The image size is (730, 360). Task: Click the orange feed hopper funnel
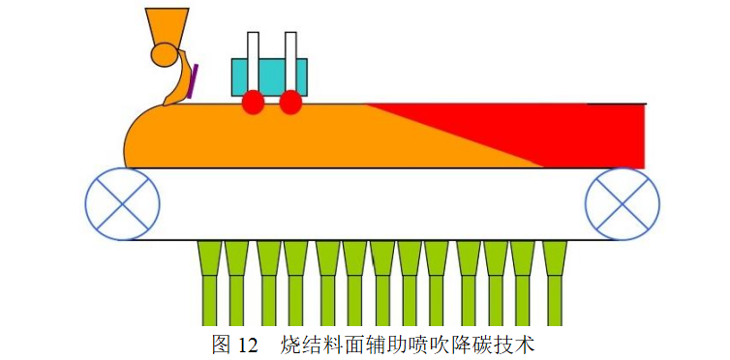click(x=167, y=25)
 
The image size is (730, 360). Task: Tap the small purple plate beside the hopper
click(x=194, y=80)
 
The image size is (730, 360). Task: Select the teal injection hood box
click(x=270, y=75)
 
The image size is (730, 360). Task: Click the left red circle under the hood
click(x=253, y=103)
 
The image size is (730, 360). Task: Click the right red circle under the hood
click(x=289, y=103)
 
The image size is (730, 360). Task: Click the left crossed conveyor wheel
click(x=122, y=204)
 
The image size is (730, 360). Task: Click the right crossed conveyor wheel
click(x=622, y=204)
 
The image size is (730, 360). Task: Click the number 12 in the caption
click(x=249, y=344)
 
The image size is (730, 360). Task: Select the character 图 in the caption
click(x=221, y=344)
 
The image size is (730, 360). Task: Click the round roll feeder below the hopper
click(x=164, y=56)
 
